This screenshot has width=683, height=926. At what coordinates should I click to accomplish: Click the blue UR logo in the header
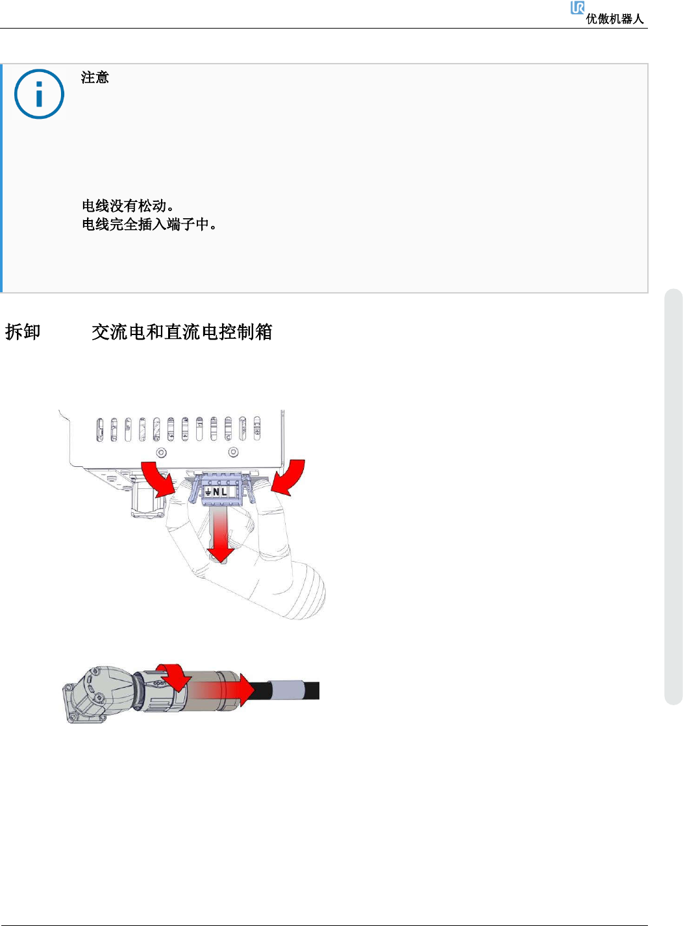pyautogui.click(x=577, y=8)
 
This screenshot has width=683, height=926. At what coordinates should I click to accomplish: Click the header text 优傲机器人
pyautogui.click(x=614, y=19)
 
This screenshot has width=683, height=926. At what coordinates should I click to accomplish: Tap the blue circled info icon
pyautogui.click(x=39, y=94)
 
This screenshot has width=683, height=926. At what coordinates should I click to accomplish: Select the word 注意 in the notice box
pyautogui.click(x=95, y=77)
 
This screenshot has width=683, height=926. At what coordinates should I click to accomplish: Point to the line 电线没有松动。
pyautogui.click(x=128, y=206)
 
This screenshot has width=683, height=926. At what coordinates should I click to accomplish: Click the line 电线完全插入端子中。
pyautogui.click(x=149, y=224)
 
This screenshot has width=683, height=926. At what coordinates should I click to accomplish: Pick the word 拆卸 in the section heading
pyautogui.click(x=23, y=332)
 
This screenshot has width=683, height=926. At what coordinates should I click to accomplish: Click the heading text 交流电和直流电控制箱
pyautogui.click(x=182, y=332)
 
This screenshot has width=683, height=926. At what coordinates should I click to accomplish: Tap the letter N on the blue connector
pyautogui.click(x=216, y=492)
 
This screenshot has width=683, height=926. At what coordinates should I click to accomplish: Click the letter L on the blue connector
pyautogui.click(x=224, y=492)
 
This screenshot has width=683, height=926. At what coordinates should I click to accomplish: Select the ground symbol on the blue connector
pyautogui.click(x=208, y=492)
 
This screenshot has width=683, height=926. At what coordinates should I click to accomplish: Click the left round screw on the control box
pyautogui.click(x=162, y=452)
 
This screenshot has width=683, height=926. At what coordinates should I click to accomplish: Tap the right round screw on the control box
pyautogui.click(x=234, y=452)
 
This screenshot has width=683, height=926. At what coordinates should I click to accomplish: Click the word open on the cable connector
pyautogui.click(x=160, y=683)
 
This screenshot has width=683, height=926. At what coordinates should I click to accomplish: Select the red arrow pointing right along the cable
pyautogui.click(x=240, y=689)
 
